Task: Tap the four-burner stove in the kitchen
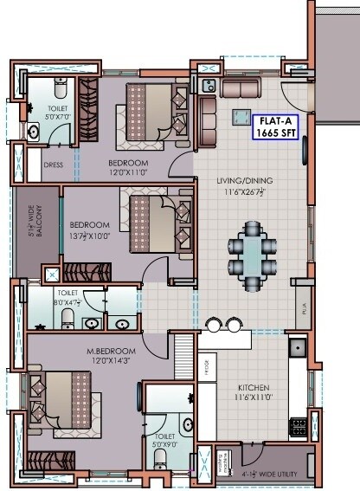point(299,426)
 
